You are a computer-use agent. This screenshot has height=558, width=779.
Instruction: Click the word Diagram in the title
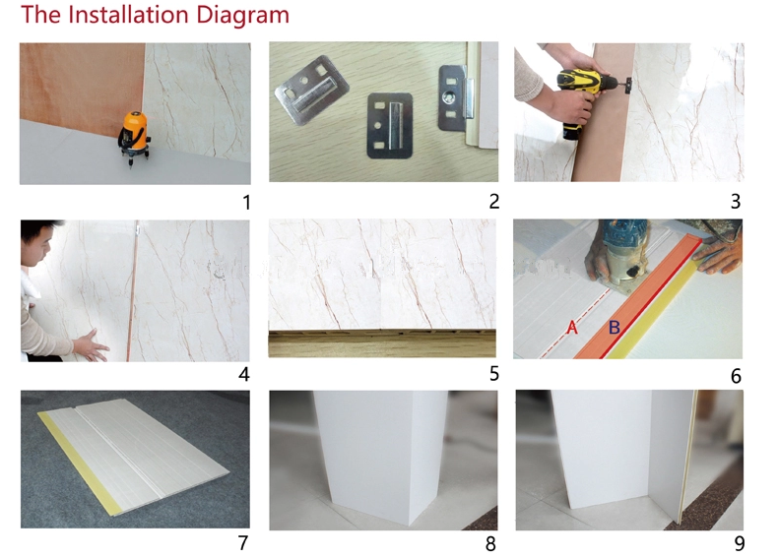pyautogui.click(x=242, y=15)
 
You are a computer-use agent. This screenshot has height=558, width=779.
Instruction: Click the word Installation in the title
pyautogui.click(x=128, y=14)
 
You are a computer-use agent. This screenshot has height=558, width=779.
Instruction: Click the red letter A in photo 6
pyautogui.click(x=572, y=328)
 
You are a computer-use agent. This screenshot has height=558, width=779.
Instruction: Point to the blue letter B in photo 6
pyautogui.click(x=615, y=328)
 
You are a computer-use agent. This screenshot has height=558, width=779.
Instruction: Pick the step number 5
pyautogui.click(x=493, y=373)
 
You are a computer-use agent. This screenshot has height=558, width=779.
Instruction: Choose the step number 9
pyautogui.click(x=740, y=543)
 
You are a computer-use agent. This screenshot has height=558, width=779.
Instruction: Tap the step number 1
pyautogui.click(x=246, y=203)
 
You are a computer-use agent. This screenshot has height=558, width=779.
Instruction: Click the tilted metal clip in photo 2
pyautogui.click(x=311, y=90)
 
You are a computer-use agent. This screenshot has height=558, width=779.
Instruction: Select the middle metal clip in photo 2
pyautogui.click(x=390, y=126)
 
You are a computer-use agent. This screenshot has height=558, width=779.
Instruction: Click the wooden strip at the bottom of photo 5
pyautogui.click(x=382, y=343)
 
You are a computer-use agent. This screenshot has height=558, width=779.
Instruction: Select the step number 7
pyautogui.click(x=243, y=542)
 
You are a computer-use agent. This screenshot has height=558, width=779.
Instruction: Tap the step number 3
pyautogui.click(x=736, y=202)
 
